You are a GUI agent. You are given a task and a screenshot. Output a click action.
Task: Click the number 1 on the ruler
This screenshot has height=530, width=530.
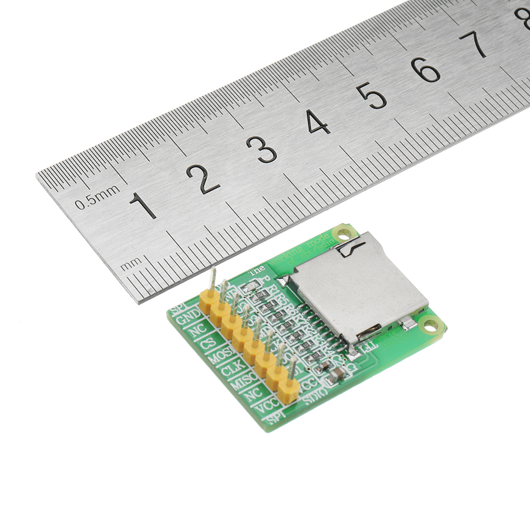143,205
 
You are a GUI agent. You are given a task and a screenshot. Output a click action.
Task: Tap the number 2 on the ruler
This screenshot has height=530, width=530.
202,179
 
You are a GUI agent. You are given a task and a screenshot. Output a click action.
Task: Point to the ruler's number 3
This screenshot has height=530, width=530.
261,149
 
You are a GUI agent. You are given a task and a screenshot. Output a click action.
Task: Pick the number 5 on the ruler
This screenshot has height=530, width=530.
371,96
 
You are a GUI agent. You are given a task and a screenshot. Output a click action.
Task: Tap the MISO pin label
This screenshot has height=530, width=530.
243,380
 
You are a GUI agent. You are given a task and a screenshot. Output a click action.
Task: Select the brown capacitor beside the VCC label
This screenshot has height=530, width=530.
335,376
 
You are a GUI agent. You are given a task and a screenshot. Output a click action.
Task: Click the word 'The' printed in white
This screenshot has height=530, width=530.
257,269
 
